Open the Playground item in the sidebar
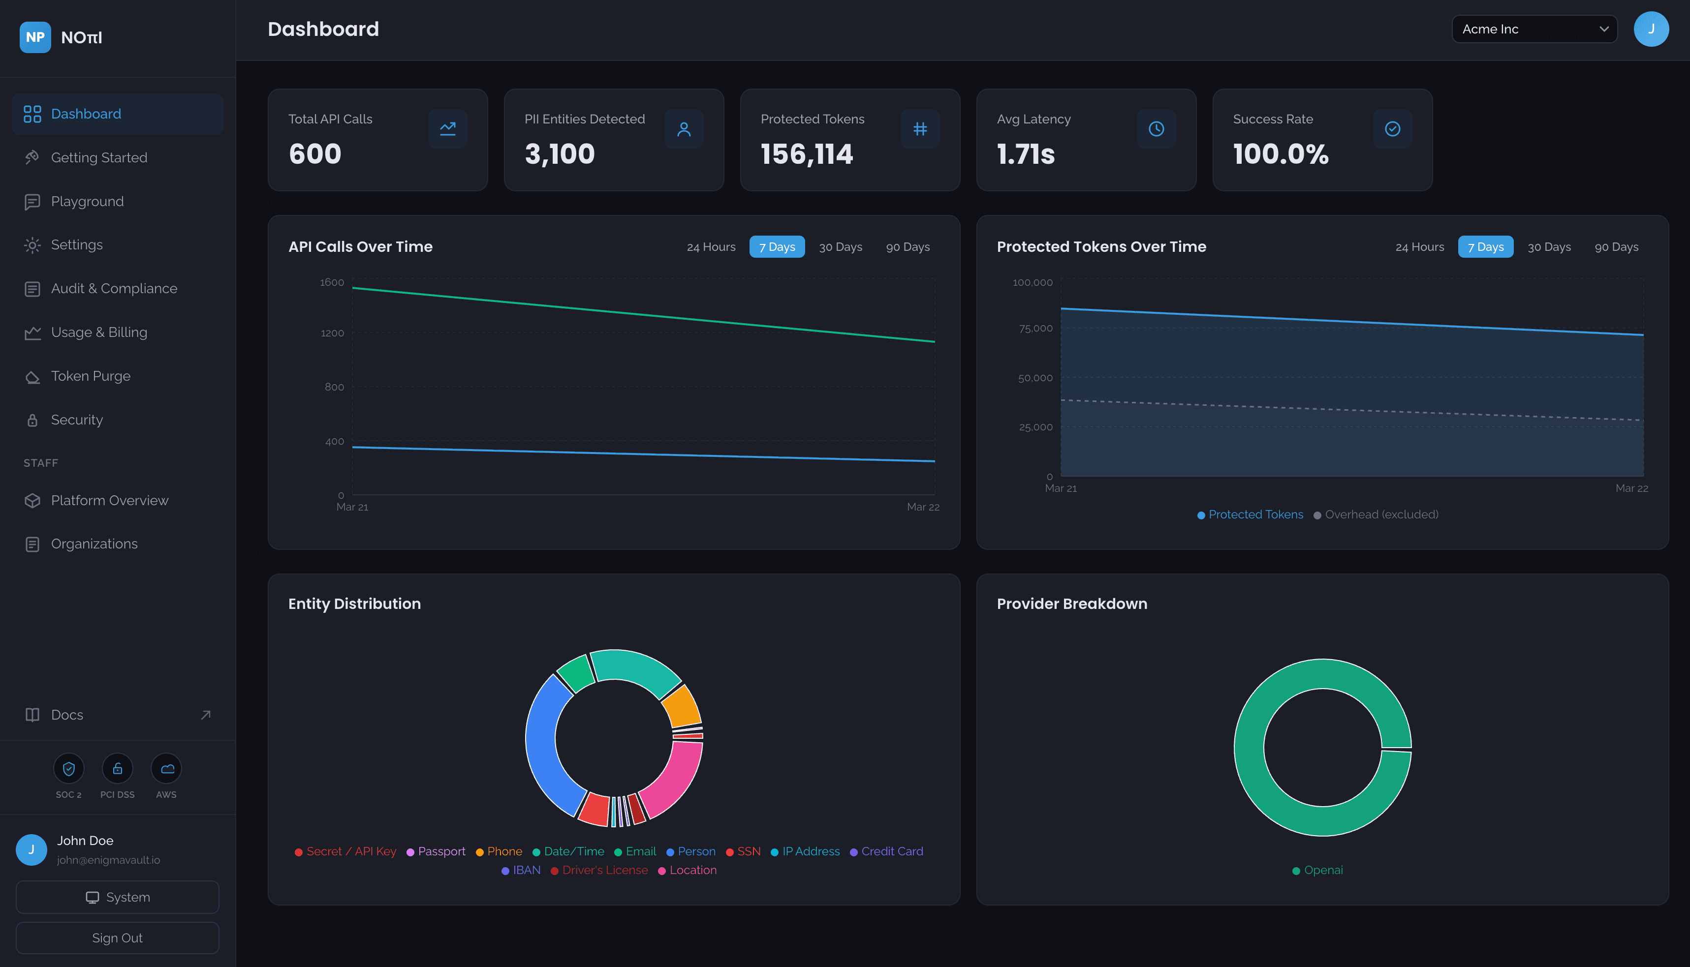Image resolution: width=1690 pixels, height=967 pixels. (87, 201)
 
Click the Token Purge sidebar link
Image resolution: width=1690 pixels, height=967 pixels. (91, 376)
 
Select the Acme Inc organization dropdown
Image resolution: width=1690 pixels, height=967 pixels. (1533, 29)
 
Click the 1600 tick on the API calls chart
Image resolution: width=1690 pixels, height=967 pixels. (332, 283)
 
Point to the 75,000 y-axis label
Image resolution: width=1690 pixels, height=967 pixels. (1035, 328)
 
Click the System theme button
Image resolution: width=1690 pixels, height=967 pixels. (118, 897)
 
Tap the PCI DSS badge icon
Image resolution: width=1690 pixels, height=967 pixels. (118, 768)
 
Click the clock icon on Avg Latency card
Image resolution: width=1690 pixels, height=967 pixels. (1156, 129)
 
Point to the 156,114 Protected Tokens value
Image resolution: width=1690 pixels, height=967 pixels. (807, 154)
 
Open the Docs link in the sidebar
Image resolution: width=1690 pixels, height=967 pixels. (66, 715)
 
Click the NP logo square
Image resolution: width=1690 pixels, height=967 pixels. (35, 37)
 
